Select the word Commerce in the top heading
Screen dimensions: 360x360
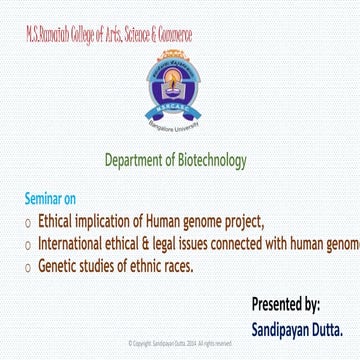[171, 35]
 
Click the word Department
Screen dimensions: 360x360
[135, 160]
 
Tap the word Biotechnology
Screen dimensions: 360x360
[209, 160]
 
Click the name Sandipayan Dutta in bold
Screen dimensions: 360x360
[297, 327]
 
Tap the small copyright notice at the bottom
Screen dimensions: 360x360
[180, 343]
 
